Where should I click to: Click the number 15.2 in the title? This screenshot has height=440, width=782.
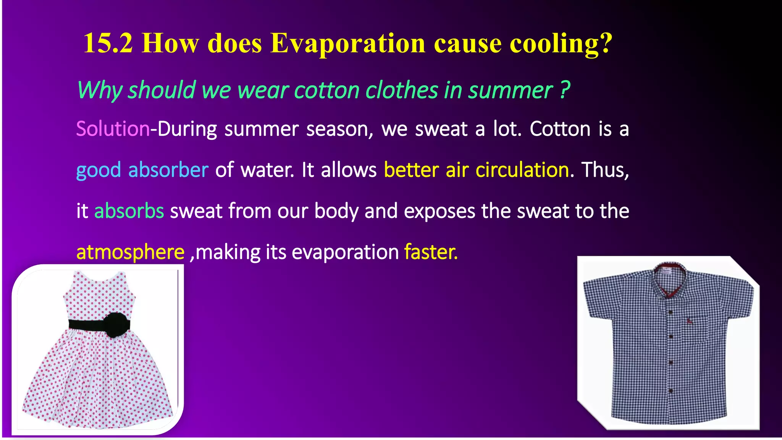click(x=108, y=43)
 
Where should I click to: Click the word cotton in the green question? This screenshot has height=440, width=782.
click(x=326, y=91)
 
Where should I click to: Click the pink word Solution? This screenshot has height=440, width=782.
click(x=113, y=129)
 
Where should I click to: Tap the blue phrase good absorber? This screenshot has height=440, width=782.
click(x=142, y=170)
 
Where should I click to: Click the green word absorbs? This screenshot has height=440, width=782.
click(x=129, y=211)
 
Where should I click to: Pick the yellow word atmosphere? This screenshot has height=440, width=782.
click(x=130, y=252)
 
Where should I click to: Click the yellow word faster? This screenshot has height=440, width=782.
click(x=431, y=252)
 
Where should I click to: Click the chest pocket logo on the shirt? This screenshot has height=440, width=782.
click(x=688, y=321)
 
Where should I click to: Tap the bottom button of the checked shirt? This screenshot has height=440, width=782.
click(x=671, y=391)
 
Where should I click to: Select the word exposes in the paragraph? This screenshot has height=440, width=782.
click(x=439, y=211)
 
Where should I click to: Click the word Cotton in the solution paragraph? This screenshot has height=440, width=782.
click(x=560, y=129)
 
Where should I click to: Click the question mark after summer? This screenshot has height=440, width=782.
click(x=565, y=91)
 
